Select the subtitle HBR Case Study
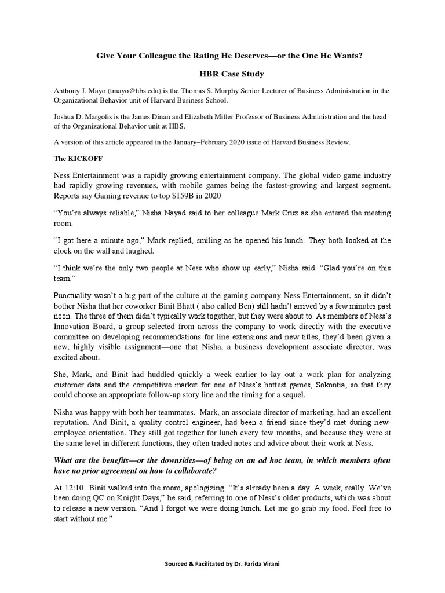coord(222,74)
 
